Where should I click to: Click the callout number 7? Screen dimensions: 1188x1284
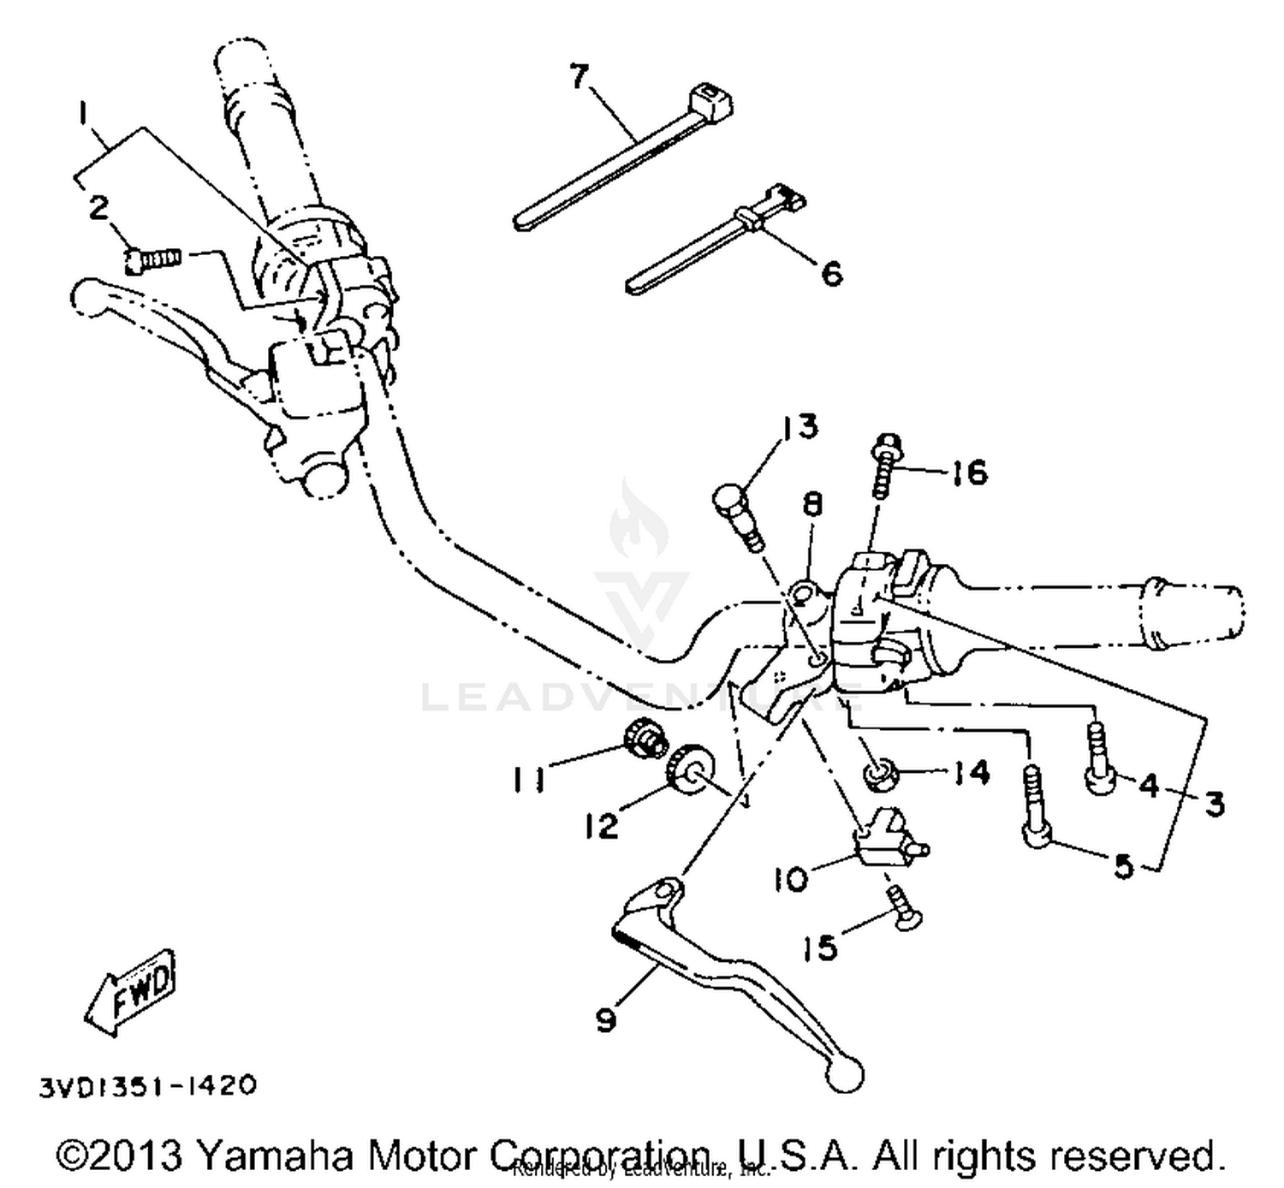pyautogui.click(x=580, y=76)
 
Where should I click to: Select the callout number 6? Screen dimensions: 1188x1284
pyautogui.click(x=831, y=273)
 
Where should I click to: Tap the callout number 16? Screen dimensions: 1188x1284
pyautogui.click(x=969, y=472)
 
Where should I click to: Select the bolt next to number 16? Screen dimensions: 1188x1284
pyautogui.click(x=883, y=471)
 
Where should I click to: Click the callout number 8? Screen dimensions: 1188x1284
pyautogui.click(x=811, y=505)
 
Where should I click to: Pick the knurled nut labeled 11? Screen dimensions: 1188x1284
pyautogui.click(x=644, y=737)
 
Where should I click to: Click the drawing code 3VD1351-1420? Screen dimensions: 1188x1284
pyautogui.click(x=146, y=1086)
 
